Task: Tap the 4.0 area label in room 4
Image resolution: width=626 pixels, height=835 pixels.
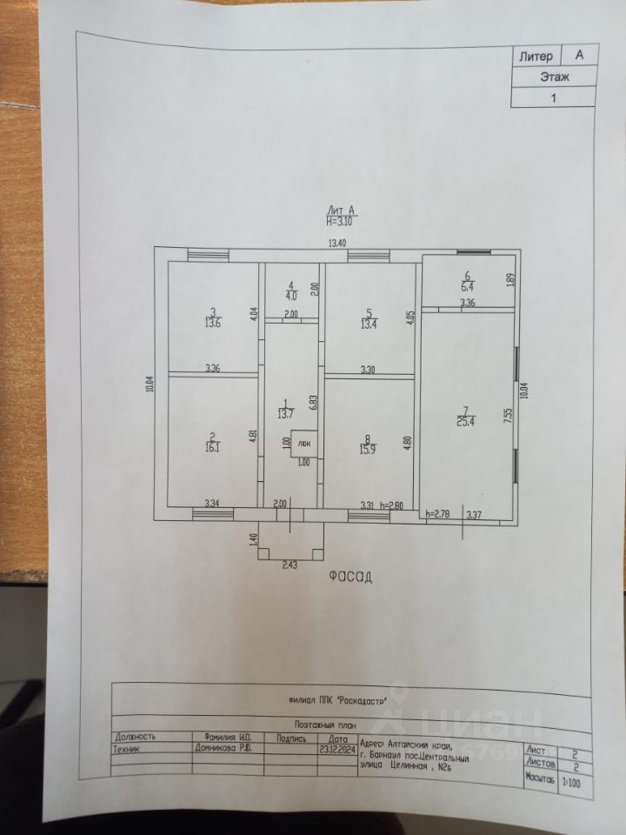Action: pos(291,293)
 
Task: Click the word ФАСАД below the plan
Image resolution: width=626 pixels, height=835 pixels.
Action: pos(350,577)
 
